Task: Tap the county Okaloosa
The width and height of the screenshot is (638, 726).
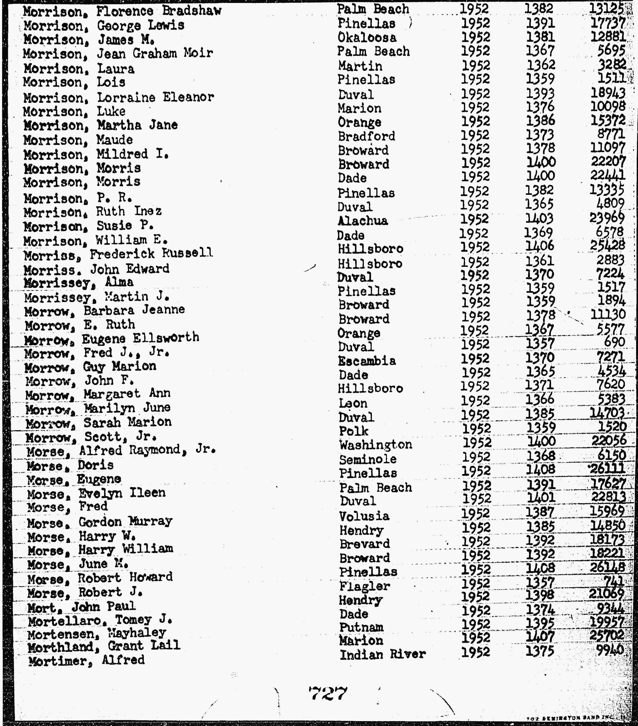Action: [367, 38]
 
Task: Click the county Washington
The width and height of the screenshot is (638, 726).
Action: [375, 445]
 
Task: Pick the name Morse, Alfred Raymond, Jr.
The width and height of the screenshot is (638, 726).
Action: [121, 451]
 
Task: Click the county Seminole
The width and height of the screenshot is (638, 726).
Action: [368, 459]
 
